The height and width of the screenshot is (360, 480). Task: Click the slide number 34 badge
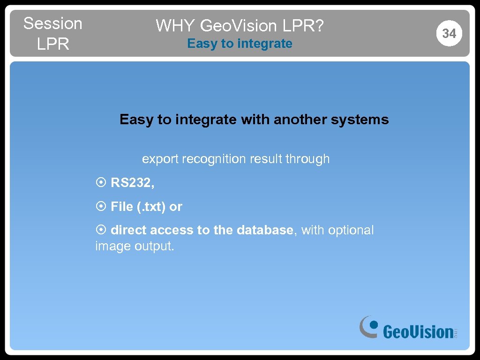tap(449, 33)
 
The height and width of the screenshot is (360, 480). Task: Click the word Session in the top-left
tap(52, 23)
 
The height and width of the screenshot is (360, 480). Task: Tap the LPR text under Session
tap(52, 44)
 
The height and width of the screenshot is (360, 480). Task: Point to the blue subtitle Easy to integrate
tap(240, 44)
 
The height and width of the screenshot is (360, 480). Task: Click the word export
tap(160, 159)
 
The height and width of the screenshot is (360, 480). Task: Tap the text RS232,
tap(133, 183)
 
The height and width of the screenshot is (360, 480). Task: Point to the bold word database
tap(265, 230)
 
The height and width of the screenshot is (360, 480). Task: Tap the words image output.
tap(135, 246)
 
